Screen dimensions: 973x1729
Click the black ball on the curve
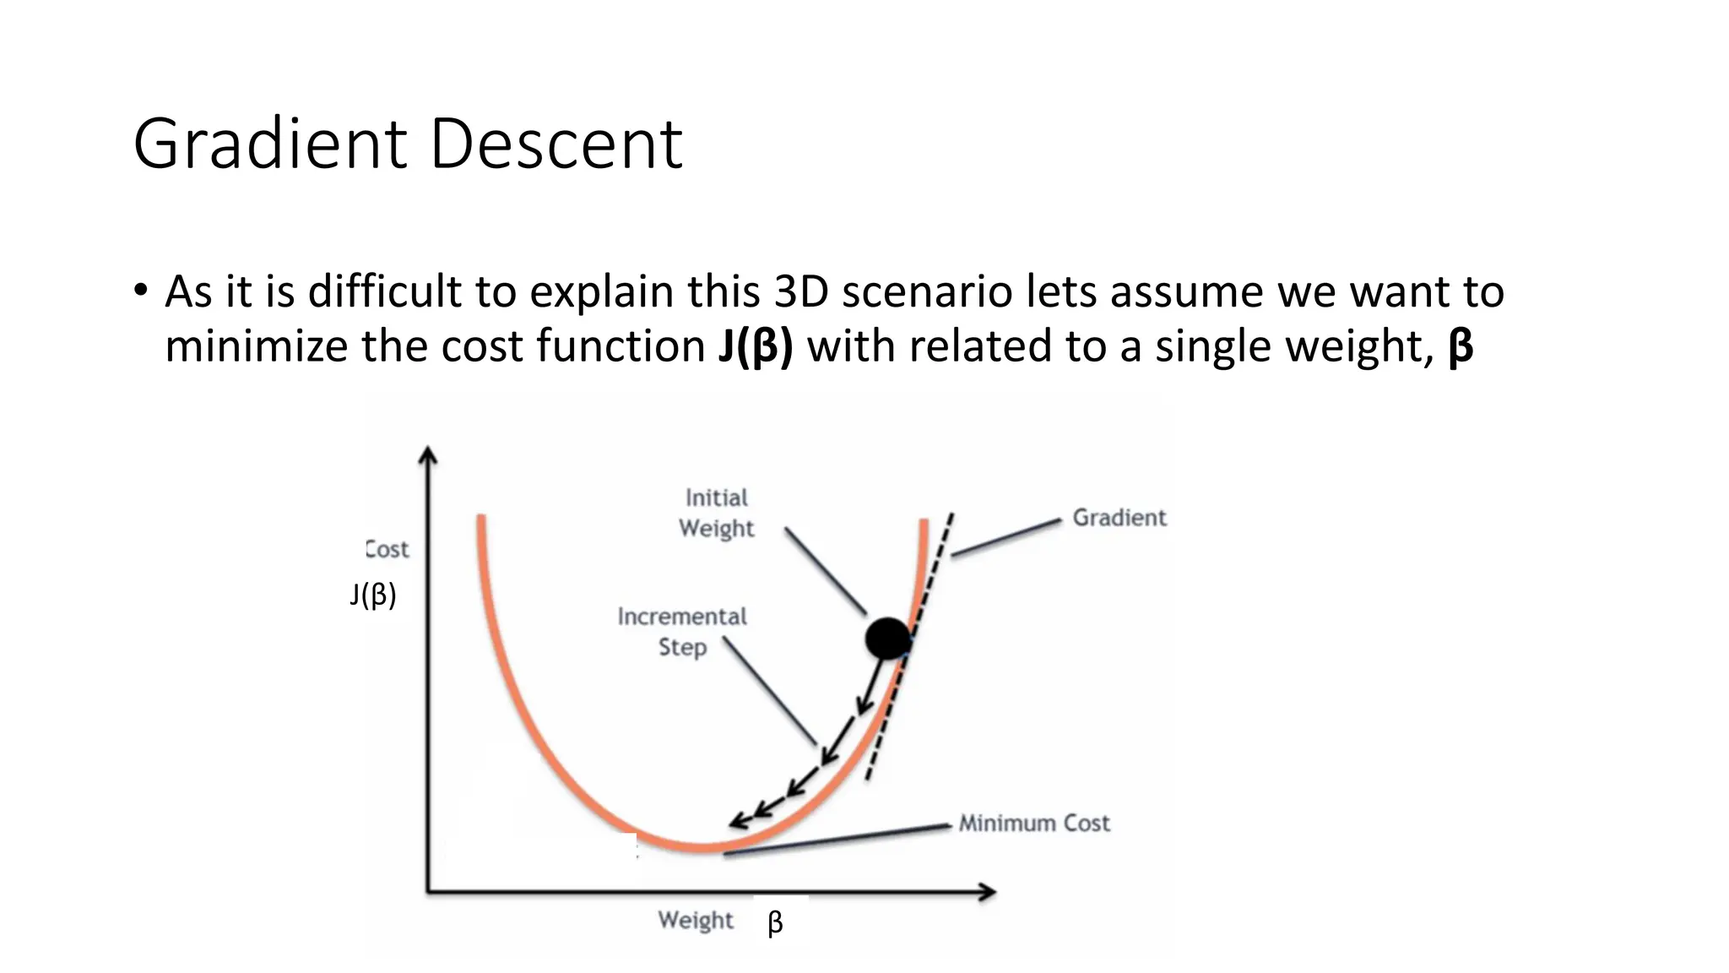888,639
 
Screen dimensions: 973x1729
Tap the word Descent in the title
556,144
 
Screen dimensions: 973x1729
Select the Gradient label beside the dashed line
1119,518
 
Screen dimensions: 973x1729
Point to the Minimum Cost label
1034,824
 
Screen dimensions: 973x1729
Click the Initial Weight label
716,514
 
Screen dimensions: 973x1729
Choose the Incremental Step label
682,632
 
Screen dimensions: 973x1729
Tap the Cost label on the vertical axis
388,550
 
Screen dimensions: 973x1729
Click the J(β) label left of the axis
372,595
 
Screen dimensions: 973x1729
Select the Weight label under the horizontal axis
696,920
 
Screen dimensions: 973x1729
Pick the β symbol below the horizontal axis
775,922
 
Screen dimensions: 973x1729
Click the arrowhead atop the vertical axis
428,456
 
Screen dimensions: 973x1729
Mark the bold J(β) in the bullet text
756,346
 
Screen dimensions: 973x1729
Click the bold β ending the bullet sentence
1461,346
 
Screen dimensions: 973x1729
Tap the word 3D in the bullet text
801,292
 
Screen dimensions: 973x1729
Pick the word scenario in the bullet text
927,292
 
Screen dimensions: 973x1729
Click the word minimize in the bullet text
257,346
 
